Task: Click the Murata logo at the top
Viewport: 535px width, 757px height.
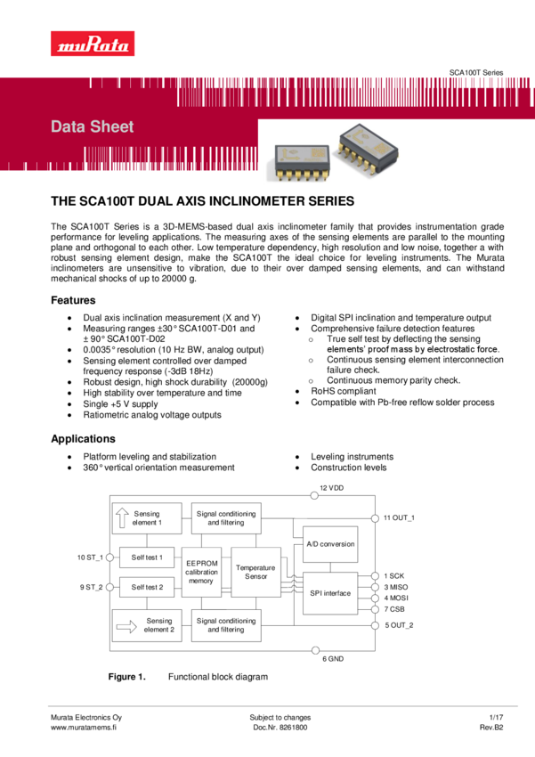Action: click(x=93, y=45)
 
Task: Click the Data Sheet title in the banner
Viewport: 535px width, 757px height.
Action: click(x=93, y=126)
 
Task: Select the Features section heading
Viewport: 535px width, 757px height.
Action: click(x=73, y=301)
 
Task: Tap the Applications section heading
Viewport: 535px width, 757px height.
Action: click(x=83, y=439)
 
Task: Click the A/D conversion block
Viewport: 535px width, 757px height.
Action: click(x=330, y=544)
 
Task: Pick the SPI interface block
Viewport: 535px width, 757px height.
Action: click(x=330, y=593)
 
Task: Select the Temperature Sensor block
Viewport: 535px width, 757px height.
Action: click(x=255, y=572)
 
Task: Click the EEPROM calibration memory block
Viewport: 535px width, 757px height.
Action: click(x=201, y=572)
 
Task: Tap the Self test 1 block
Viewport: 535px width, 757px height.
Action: click(x=147, y=558)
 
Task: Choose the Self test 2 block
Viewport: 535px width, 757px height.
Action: click(x=147, y=587)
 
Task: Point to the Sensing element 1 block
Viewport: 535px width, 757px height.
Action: click(x=147, y=518)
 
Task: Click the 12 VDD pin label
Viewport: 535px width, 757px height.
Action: click(x=332, y=488)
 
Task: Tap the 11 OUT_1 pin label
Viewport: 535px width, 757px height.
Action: click(x=400, y=517)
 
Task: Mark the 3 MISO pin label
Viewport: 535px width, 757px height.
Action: click(x=396, y=587)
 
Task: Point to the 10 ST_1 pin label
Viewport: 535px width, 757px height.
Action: click(x=90, y=558)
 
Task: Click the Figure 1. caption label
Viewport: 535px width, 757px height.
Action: click(x=126, y=677)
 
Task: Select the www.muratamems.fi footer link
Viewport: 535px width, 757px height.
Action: click(x=89, y=728)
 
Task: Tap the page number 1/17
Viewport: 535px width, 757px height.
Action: click(x=496, y=717)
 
